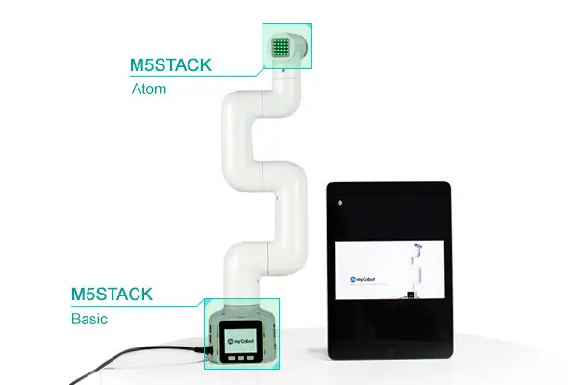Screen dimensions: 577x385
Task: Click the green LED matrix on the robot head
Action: coord(281,47)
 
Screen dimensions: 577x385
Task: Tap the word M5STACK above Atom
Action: coord(170,65)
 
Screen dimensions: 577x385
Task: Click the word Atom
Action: coord(149,89)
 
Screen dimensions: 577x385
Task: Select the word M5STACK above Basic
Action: coord(112,294)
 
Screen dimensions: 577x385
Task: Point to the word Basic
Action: coord(89,319)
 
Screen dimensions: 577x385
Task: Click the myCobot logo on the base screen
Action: coord(240,342)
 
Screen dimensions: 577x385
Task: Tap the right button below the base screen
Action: coord(251,358)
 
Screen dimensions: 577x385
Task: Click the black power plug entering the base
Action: coord(209,349)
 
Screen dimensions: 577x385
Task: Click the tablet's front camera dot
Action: coord(340,203)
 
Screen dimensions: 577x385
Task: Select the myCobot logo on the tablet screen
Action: coord(363,280)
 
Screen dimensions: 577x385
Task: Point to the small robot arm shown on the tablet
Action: coord(415,269)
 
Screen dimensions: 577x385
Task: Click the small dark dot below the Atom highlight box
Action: coord(283,70)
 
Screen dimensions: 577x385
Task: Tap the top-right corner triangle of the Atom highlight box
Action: coord(309,27)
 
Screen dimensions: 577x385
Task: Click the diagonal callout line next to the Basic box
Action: coord(200,303)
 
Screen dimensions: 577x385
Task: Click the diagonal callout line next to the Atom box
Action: coord(260,72)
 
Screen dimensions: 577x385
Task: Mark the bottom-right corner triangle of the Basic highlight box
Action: coord(277,366)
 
